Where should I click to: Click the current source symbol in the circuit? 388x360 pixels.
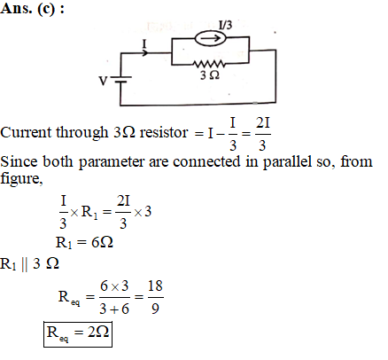click(x=210, y=38)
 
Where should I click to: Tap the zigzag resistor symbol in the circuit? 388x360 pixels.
click(x=209, y=64)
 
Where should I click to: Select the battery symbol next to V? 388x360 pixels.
click(x=120, y=79)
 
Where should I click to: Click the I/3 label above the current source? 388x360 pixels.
click(x=225, y=25)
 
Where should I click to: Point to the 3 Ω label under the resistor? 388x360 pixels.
click(x=210, y=75)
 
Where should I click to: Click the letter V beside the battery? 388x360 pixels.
click(x=103, y=81)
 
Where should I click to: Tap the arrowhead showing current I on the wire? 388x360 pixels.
click(x=145, y=53)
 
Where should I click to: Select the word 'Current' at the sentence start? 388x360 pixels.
click(x=26, y=132)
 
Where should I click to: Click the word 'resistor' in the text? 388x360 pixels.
click(x=164, y=132)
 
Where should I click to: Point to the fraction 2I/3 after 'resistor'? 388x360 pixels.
click(x=263, y=134)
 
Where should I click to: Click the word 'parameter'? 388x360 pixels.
click(x=112, y=162)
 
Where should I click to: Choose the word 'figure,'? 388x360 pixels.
click(x=21, y=178)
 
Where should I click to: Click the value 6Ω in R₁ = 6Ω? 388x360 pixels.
click(x=102, y=242)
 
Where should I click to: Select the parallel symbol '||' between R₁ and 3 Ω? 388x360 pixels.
click(x=25, y=263)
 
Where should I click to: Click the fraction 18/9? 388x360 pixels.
click(x=155, y=297)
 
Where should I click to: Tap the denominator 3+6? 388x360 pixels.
click(x=114, y=309)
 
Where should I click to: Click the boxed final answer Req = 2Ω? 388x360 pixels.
click(x=78, y=334)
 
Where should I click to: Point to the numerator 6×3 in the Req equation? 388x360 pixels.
click(x=114, y=286)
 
